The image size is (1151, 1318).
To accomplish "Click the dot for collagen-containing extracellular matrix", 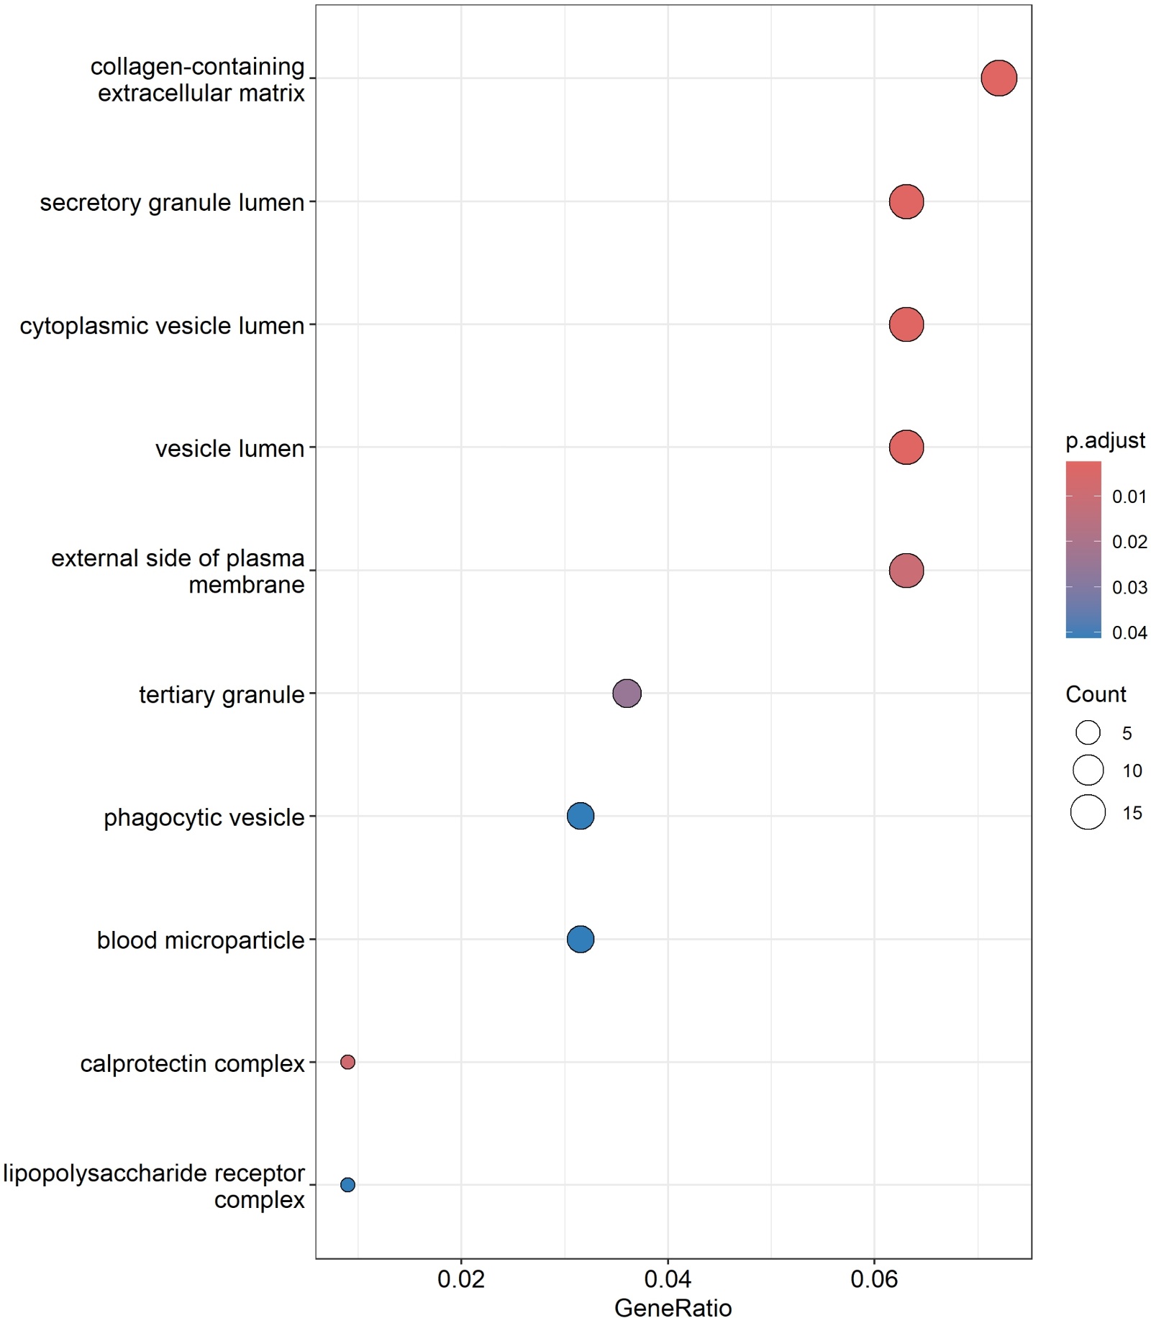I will pos(998,78).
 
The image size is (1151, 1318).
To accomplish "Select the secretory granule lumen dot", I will pos(906,201).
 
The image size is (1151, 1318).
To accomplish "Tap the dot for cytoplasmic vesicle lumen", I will pos(906,324).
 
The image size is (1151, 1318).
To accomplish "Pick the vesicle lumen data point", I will pos(906,447).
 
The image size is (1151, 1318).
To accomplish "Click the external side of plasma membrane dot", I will pos(906,571).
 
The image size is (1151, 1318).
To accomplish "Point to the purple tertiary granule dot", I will pos(627,694).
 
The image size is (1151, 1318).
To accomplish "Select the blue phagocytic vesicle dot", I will pos(580,816).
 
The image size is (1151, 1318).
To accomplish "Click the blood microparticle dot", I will pos(580,939).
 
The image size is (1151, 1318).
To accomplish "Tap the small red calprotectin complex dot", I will pos(347,1062).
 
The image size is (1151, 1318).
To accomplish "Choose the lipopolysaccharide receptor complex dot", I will pos(347,1185).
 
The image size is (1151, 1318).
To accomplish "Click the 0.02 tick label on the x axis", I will pos(461,1278).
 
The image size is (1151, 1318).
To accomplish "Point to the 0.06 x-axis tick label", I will pos(874,1278).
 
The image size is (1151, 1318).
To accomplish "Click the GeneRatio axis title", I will pos(673,1306).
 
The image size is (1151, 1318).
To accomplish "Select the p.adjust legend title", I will pos(1105,440).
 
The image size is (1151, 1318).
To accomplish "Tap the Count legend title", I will pos(1095,694).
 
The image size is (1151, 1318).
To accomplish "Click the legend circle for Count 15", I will pos(1088,812).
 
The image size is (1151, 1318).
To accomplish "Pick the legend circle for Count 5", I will pos(1088,733).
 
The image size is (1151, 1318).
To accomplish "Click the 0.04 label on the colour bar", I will pos(1129,633).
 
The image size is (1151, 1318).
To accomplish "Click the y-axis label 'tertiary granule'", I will pos(222,695).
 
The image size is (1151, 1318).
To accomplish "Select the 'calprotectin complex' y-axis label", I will pos(192,1063).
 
